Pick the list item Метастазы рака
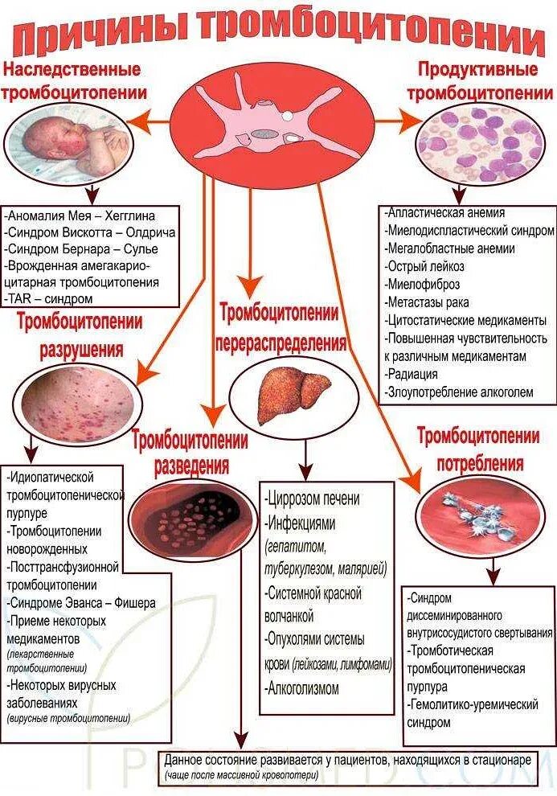pyautogui.click(x=428, y=302)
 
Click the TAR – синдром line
pyautogui.click(x=50, y=298)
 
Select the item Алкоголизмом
pyautogui.click(x=303, y=688)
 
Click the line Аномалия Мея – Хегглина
pyautogui.click(x=92, y=216)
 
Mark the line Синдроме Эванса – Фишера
pyautogui.click(x=82, y=602)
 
